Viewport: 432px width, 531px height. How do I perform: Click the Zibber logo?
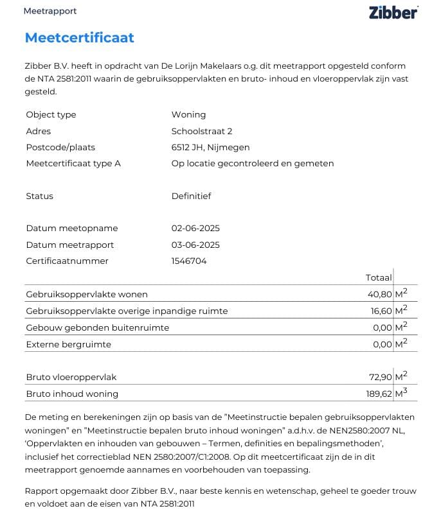393,12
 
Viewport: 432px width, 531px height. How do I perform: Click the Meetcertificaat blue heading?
79,37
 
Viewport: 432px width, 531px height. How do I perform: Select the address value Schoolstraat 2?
201,131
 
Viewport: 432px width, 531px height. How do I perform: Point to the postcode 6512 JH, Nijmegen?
210,147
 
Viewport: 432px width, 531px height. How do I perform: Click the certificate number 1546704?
189,261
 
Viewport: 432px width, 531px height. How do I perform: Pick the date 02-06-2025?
195,228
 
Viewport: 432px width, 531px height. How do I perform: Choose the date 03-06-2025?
195,245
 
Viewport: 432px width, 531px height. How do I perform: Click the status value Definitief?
191,196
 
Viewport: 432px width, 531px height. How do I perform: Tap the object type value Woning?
188,114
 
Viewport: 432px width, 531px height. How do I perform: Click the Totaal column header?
379,278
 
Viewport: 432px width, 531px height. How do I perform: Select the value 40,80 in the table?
379,295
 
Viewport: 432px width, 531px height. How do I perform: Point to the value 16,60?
379,311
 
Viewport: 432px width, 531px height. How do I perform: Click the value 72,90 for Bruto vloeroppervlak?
379,377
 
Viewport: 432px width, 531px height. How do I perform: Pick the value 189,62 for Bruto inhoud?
377,394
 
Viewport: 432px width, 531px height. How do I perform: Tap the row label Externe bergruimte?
68,344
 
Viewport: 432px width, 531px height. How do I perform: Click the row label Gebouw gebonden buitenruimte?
97,327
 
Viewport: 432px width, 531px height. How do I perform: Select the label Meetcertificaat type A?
73,163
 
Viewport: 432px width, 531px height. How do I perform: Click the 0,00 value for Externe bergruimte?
382,344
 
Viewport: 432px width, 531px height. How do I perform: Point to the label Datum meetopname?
72,228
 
